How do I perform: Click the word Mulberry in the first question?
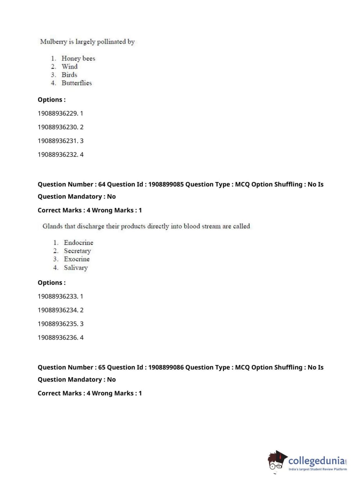point(53,42)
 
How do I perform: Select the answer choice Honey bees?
point(78,58)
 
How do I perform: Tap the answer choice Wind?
point(69,67)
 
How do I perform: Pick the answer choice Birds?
point(69,75)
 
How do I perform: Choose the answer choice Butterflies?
point(77,83)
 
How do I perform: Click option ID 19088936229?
point(58,113)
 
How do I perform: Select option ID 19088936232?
point(58,155)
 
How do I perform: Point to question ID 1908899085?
point(166,184)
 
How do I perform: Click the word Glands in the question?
point(53,226)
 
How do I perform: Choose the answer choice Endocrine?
point(78,243)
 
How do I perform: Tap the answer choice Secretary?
point(77,251)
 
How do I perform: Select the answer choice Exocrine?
point(77,259)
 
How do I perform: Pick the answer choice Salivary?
point(76,268)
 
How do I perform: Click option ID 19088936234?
point(58,310)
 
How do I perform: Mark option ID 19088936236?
point(58,338)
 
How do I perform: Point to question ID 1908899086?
point(166,367)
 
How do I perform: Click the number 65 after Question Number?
point(102,367)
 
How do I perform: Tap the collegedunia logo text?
point(316,461)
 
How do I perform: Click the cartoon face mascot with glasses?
point(276,461)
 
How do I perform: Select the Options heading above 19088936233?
point(51,283)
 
